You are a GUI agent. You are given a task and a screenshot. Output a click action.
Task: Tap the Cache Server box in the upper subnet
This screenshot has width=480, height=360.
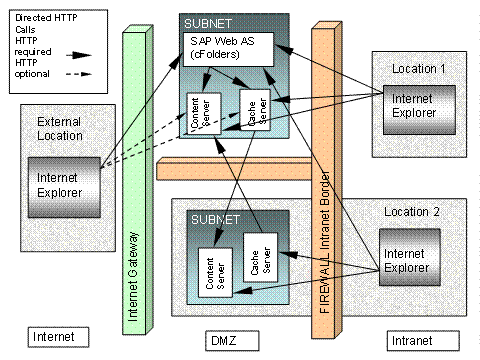pyautogui.click(x=254, y=109)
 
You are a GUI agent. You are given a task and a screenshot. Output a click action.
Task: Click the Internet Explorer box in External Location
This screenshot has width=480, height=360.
pyautogui.click(x=65, y=184)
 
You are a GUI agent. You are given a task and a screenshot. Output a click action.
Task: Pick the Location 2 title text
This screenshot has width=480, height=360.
pyautogui.click(x=413, y=212)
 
